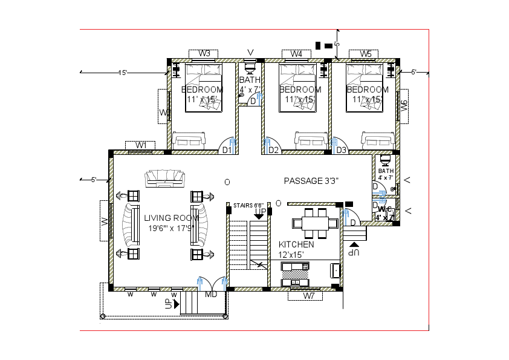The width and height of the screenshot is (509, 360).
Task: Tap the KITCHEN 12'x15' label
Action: point(296,244)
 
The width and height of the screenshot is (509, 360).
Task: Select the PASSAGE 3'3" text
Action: point(311,180)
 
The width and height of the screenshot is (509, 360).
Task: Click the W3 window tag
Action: point(204,54)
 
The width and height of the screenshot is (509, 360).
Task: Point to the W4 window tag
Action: point(296,54)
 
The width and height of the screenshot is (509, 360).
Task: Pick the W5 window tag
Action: point(366,54)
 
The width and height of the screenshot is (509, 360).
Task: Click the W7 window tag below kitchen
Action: point(309,296)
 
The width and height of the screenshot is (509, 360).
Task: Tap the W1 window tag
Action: point(141,145)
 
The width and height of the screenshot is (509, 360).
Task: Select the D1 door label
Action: point(227,150)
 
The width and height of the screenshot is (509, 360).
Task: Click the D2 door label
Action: point(273,150)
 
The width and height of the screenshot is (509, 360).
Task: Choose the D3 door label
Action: point(341,150)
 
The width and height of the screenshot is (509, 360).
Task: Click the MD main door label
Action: point(211,295)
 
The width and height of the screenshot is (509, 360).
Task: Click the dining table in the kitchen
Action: point(313,223)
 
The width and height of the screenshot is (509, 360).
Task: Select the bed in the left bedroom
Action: point(204,88)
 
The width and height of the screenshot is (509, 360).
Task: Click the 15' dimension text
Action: point(123,73)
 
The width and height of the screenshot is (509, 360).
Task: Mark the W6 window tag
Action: point(403,106)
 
